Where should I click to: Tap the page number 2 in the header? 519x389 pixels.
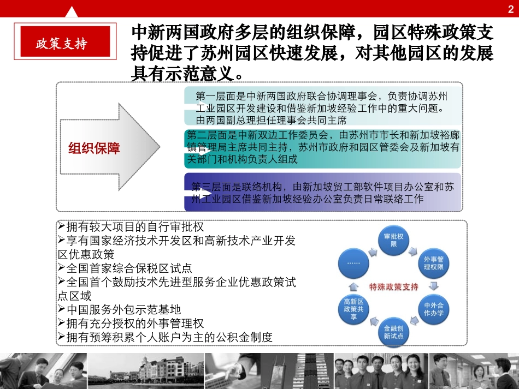[510, 8]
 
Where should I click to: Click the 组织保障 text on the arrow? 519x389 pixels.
[94, 148]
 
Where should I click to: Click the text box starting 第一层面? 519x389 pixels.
[321, 107]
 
